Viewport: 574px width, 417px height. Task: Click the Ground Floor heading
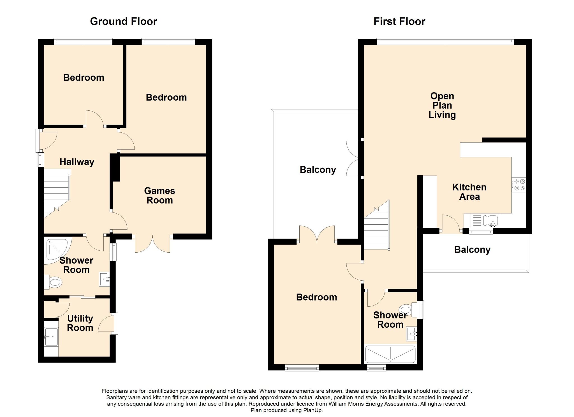pyautogui.click(x=124, y=22)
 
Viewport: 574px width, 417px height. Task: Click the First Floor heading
pyautogui.click(x=399, y=22)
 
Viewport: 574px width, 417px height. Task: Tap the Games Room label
pyautogui.click(x=160, y=195)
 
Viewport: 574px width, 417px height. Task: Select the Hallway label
pyautogui.click(x=77, y=162)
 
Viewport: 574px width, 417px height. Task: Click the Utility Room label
pyautogui.click(x=80, y=323)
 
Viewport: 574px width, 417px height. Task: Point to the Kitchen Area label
pyautogui.click(x=469, y=192)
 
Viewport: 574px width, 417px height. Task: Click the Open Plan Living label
pyautogui.click(x=442, y=106)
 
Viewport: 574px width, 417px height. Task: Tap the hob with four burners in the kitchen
pyautogui.click(x=519, y=185)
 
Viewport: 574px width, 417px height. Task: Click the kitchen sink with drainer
pyautogui.click(x=482, y=220)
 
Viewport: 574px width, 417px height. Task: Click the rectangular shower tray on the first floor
pyautogui.click(x=390, y=354)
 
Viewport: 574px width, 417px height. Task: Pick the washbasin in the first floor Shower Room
pyautogui.click(x=412, y=334)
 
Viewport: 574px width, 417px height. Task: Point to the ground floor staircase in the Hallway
pyautogui.click(x=57, y=193)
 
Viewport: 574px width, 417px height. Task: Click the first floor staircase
pyautogui.click(x=377, y=225)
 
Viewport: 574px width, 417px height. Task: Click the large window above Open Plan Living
pyautogui.click(x=445, y=42)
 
